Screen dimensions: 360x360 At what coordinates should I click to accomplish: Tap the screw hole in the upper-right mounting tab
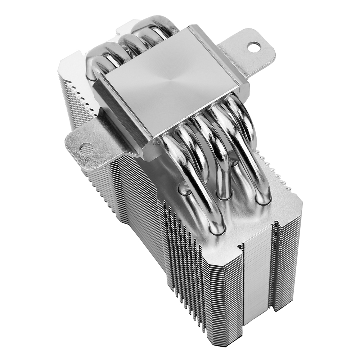tap(254, 46)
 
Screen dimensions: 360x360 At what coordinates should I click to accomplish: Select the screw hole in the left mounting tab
tap(85, 148)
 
